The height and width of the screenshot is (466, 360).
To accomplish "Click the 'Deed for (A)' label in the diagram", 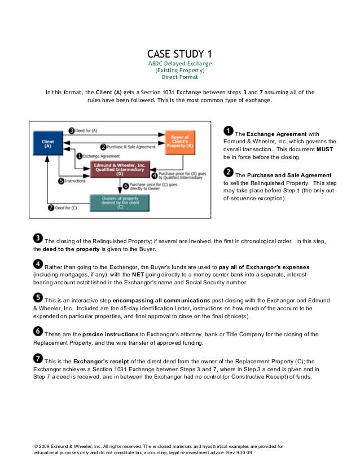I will pos(86,130).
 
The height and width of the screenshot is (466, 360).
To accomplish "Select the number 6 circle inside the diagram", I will pos(125,185).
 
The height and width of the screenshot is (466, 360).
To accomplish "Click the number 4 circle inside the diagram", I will pos(155,175).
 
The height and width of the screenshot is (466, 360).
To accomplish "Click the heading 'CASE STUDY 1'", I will pos(179,54).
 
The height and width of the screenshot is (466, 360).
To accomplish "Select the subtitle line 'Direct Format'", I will pos(180,78).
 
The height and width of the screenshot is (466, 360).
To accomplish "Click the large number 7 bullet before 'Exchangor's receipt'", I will pos(38,358).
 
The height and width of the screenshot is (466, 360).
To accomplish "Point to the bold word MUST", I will pos(324,150).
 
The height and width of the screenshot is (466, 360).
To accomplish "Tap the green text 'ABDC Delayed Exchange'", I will pos(179,64).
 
